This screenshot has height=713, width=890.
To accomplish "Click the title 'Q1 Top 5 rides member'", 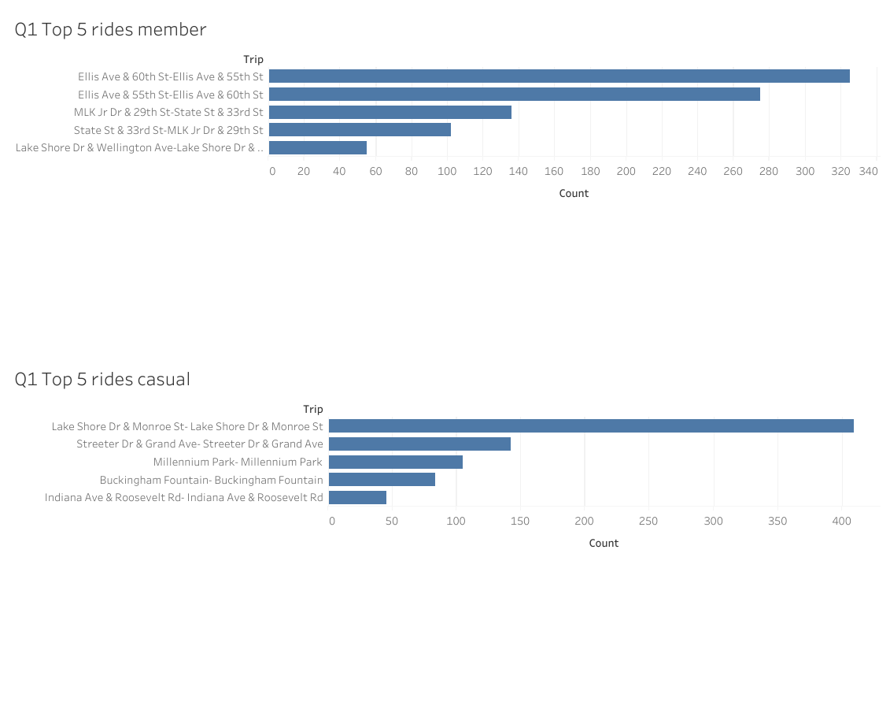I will [110, 30].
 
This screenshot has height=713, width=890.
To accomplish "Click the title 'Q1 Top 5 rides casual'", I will [102, 380].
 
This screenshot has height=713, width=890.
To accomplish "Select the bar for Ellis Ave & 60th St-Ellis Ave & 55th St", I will [559, 76].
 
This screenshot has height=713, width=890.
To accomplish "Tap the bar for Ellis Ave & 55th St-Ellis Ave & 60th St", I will [514, 95].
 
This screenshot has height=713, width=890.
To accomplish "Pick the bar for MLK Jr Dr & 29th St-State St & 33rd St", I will [390, 113].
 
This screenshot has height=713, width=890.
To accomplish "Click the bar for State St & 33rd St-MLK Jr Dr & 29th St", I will [360, 130].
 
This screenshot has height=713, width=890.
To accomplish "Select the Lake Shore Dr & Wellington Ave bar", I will [317, 148].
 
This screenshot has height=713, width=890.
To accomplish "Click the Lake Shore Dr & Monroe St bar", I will [590, 426].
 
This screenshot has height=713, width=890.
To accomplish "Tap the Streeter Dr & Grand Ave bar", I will [419, 444].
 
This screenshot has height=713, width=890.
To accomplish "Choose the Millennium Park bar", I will [395, 462].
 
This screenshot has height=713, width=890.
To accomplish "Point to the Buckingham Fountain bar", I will [382, 480].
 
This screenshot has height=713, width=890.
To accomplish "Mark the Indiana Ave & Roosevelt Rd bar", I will [357, 498].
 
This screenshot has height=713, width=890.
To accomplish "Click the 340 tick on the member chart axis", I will [869, 172].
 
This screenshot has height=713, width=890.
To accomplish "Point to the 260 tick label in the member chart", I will [733, 172].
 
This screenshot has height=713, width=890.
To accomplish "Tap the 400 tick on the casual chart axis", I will [842, 522].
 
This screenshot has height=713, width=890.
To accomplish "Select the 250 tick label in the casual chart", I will [648, 522].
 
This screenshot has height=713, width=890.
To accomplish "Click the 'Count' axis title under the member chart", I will [574, 194].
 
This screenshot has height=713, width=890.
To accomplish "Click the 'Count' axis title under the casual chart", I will [604, 544].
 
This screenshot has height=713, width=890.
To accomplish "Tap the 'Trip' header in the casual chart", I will [313, 410].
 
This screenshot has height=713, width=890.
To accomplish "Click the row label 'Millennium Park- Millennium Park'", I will [238, 462].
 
